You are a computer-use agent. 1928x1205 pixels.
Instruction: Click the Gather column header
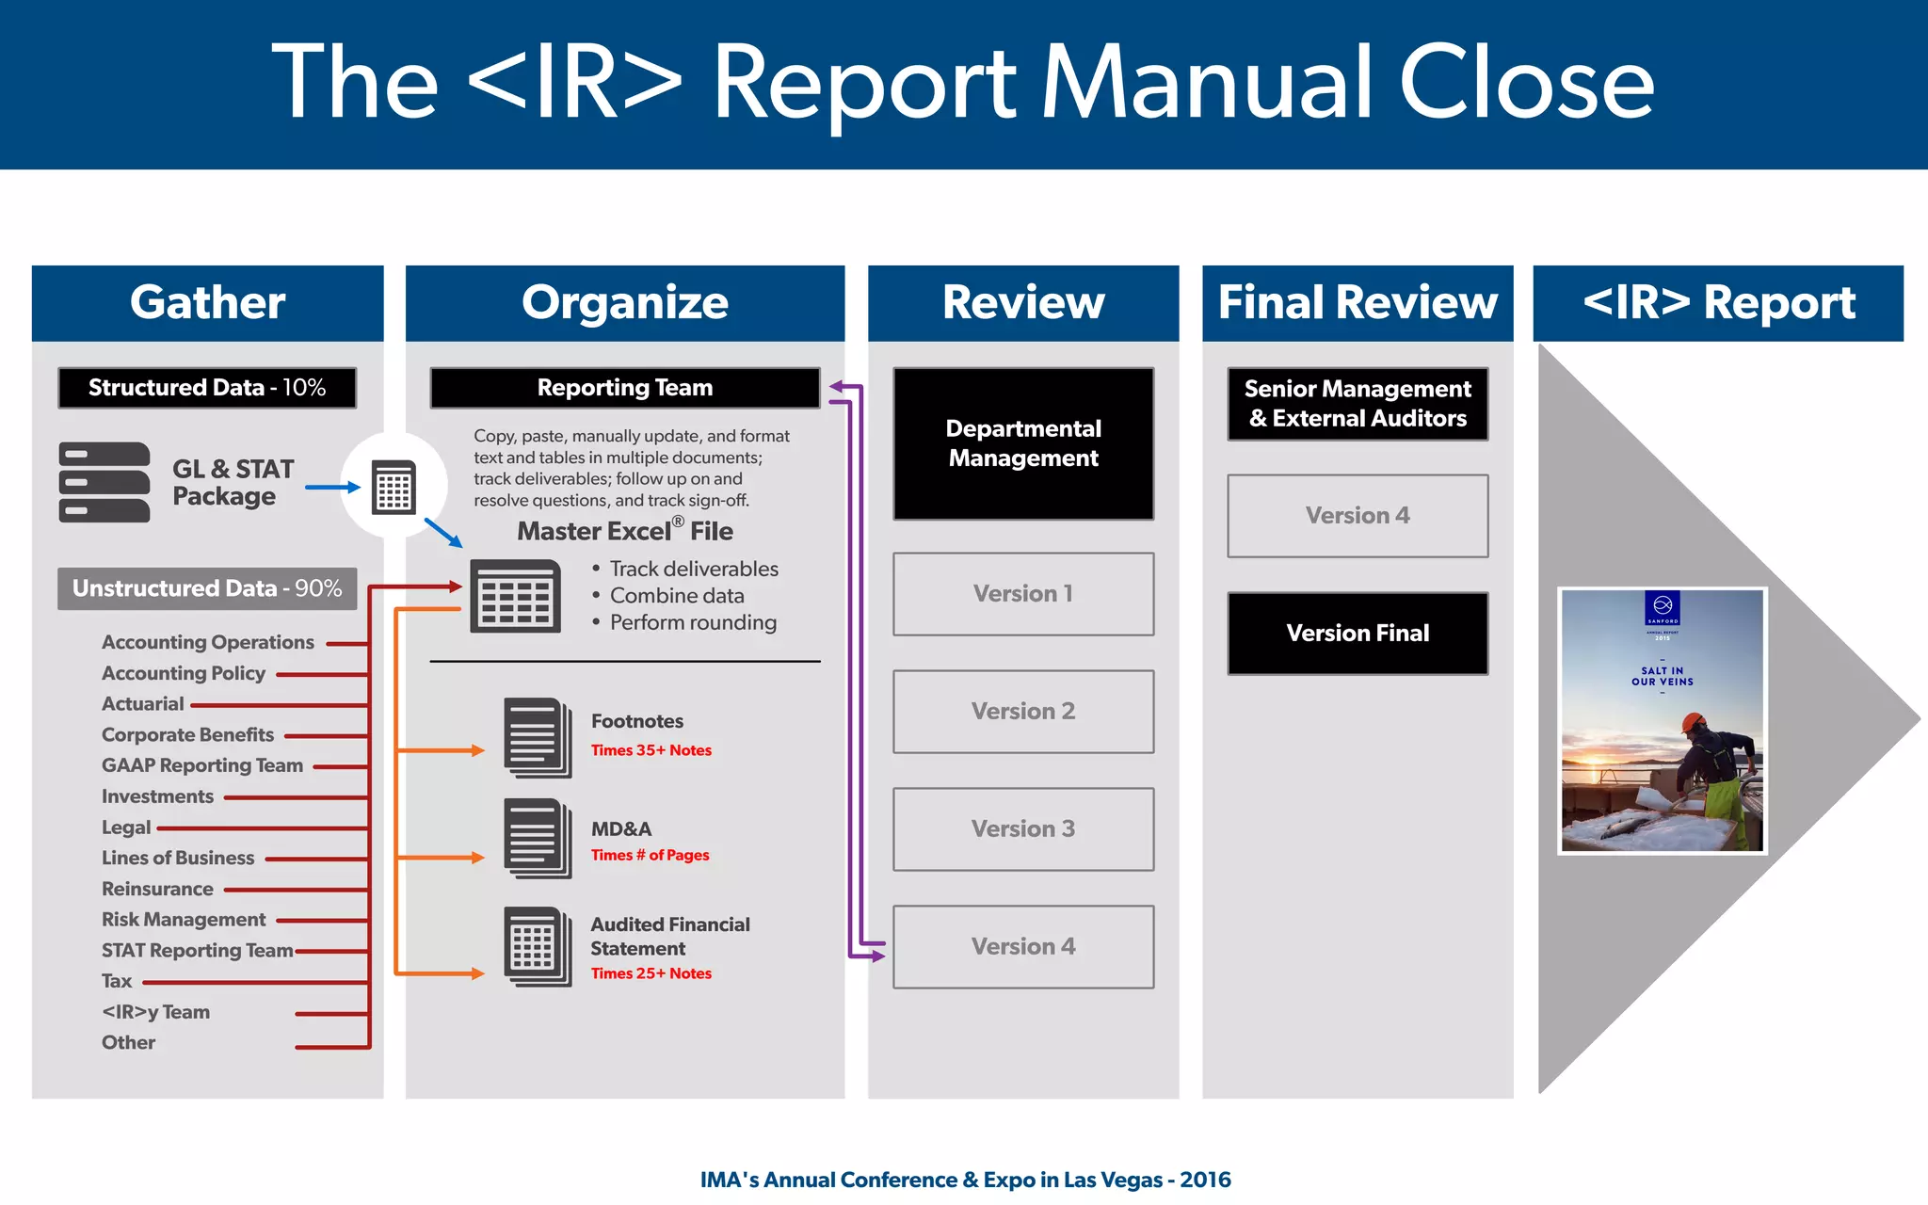click(x=207, y=302)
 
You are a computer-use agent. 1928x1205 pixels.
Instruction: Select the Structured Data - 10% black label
click(x=207, y=388)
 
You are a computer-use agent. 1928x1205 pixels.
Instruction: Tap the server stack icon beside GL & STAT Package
click(x=104, y=482)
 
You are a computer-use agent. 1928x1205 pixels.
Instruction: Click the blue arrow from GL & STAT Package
click(x=332, y=487)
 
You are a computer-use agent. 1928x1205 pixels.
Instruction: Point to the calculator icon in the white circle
click(x=394, y=487)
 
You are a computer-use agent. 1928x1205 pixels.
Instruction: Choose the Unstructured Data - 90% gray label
click(x=207, y=588)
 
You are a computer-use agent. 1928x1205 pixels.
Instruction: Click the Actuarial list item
click(x=142, y=704)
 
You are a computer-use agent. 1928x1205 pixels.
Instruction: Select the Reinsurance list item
click(x=157, y=889)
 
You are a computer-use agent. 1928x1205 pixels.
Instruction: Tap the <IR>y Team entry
click(x=155, y=1012)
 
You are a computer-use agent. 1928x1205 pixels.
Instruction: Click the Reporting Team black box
click(x=624, y=388)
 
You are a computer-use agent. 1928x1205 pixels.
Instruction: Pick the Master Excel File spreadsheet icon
click(x=515, y=596)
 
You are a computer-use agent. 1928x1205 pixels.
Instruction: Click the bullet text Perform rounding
click(x=693, y=622)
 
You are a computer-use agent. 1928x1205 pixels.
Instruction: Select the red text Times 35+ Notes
click(x=651, y=750)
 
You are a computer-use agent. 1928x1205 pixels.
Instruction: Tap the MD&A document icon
click(x=537, y=838)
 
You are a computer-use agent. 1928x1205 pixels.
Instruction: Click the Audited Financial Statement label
click(x=669, y=936)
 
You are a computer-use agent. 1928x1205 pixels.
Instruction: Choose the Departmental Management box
click(x=1023, y=443)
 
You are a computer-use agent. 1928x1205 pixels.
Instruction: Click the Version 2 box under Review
click(x=1023, y=712)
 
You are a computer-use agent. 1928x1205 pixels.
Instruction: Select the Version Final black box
click(x=1358, y=633)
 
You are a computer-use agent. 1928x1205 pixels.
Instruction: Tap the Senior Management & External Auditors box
click(x=1358, y=404)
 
